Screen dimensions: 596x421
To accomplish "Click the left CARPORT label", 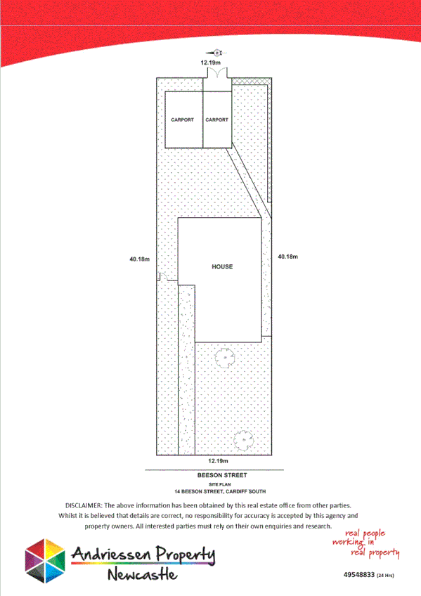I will click(182, 120).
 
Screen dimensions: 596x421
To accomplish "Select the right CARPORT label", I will click(216, 120).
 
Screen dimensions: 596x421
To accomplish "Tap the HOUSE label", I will click(222, 267).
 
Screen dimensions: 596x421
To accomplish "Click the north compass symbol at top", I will click(216, 52).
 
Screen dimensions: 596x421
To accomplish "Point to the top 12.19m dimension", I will click(212, 63).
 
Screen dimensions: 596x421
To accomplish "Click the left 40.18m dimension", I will click(140, 259).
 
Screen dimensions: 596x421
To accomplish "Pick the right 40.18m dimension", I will click(288, 257).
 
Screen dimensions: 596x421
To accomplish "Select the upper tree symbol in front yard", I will click(224, 358).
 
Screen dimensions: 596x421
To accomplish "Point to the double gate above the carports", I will click(216, 73).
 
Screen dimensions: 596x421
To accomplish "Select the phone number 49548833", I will click(358, 576).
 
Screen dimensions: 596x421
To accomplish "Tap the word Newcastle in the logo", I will click(143, 576).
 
